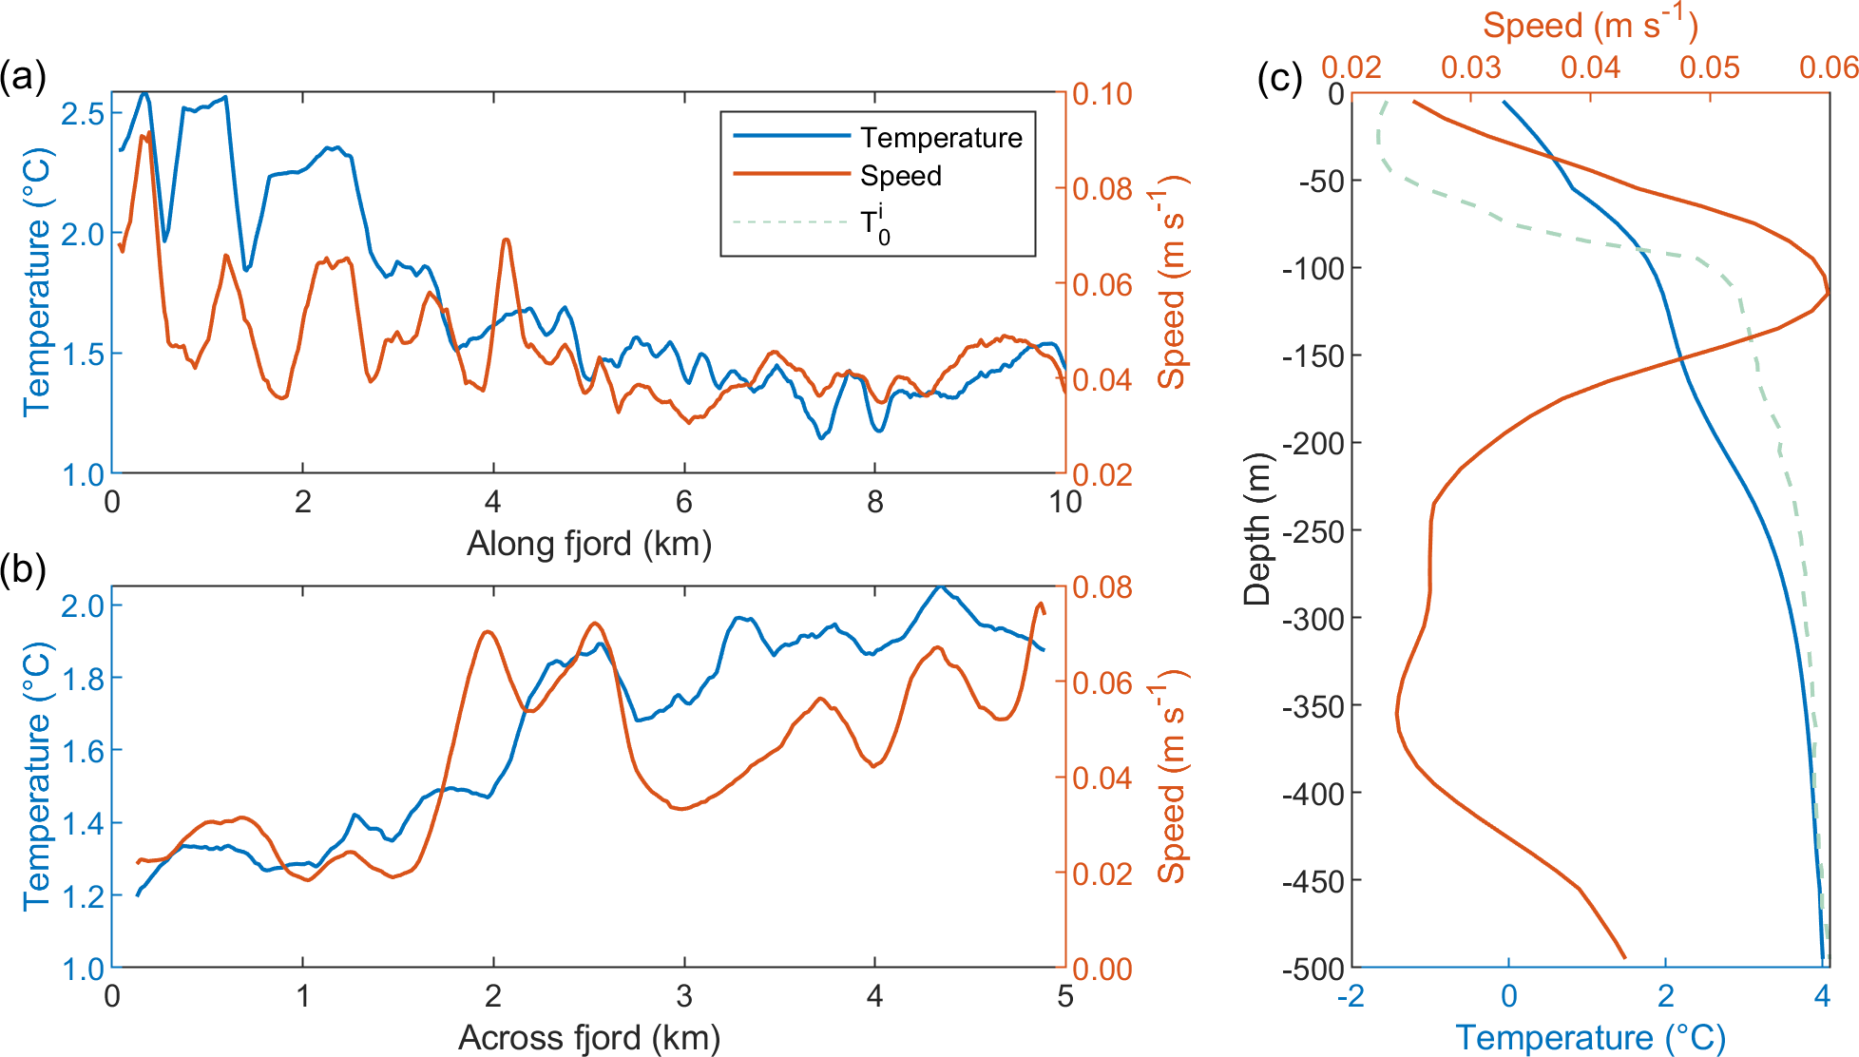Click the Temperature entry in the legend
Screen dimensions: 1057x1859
[x=940, y=138]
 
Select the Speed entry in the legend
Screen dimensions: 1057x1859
[x=900, y=176]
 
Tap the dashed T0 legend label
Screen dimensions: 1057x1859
[x=874, y=225]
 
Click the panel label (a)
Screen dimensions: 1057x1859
[x=23, y=76]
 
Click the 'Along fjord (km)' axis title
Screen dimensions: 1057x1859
[x=588, y=544]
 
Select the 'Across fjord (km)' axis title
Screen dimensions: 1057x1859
[x=588, y=1037]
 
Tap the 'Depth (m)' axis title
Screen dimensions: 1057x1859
[x=1256, y=529]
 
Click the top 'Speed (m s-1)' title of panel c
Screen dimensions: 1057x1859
[x=1590, y=25]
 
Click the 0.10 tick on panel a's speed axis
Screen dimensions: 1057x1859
[x=1102, y=94]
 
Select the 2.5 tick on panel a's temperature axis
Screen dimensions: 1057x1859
[x=84, y=113]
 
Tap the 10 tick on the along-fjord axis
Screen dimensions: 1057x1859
[x=1064, y=502]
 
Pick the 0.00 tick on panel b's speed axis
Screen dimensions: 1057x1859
[x=1102, y=969]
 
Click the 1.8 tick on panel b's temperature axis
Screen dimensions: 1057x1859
[x=84, y=678]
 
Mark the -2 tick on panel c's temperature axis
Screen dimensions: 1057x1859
[x=1351, y=996]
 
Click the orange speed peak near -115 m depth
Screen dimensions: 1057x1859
[x=1827, y=294]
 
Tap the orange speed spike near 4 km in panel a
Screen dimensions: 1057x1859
[x=506, y=240]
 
